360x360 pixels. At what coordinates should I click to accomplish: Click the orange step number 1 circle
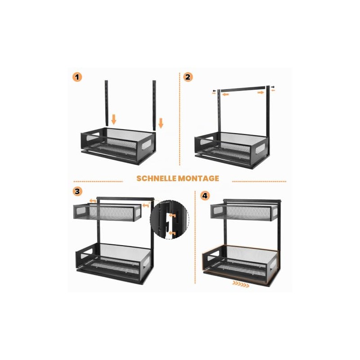(77, 77)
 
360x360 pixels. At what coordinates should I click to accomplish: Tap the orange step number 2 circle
(188, 77)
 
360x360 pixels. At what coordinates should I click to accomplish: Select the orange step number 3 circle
(77, 191)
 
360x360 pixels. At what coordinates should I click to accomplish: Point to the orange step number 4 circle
(205, 196)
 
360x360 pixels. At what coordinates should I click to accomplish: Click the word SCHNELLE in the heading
(156, 178)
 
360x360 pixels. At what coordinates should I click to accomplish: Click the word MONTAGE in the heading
(198, 178)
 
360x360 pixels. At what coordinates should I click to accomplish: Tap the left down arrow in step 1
(114, 120)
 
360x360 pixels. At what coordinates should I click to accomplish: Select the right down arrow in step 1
(161, 123)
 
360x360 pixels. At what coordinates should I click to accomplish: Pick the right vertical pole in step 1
(154, 105)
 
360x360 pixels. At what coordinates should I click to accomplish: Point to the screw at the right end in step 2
(273, 87)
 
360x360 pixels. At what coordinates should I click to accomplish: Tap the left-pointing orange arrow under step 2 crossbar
(225, 94)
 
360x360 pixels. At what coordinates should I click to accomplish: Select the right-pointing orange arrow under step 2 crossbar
(261, 92)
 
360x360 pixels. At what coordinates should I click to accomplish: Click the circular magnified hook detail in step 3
(170, 220)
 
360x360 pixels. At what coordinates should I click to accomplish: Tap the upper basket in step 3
(107, 212)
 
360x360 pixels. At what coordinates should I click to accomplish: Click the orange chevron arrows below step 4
(241, 284)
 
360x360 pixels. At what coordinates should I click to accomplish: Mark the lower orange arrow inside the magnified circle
(172, 234)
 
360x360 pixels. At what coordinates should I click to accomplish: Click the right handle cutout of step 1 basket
(146, 144)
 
